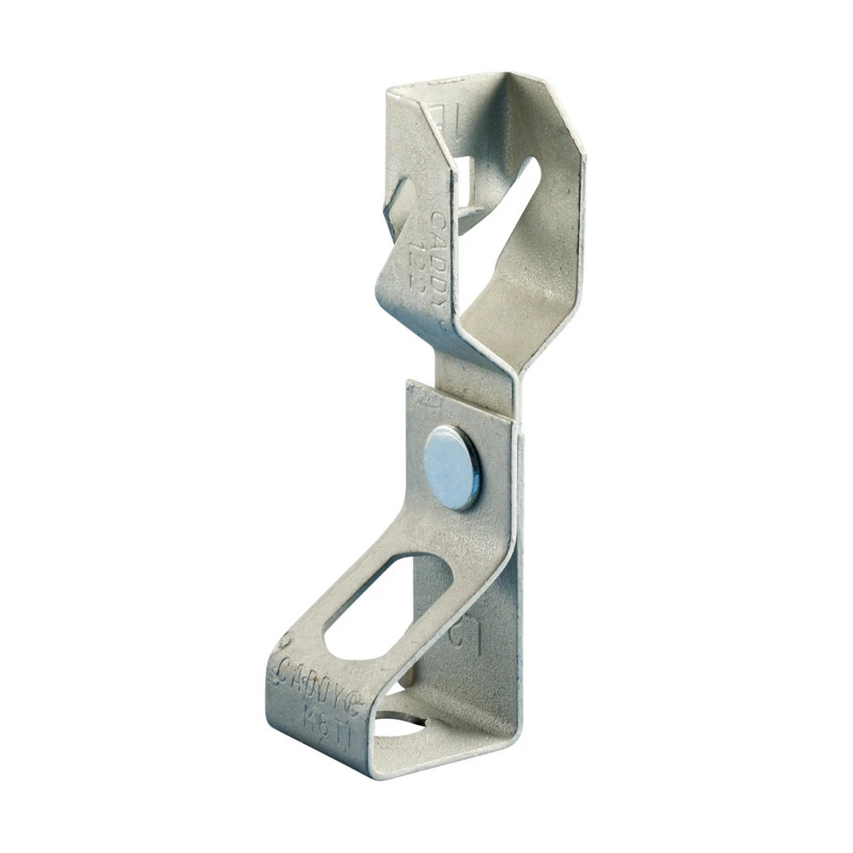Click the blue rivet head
point(452,467)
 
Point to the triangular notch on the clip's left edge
point(397,205)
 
